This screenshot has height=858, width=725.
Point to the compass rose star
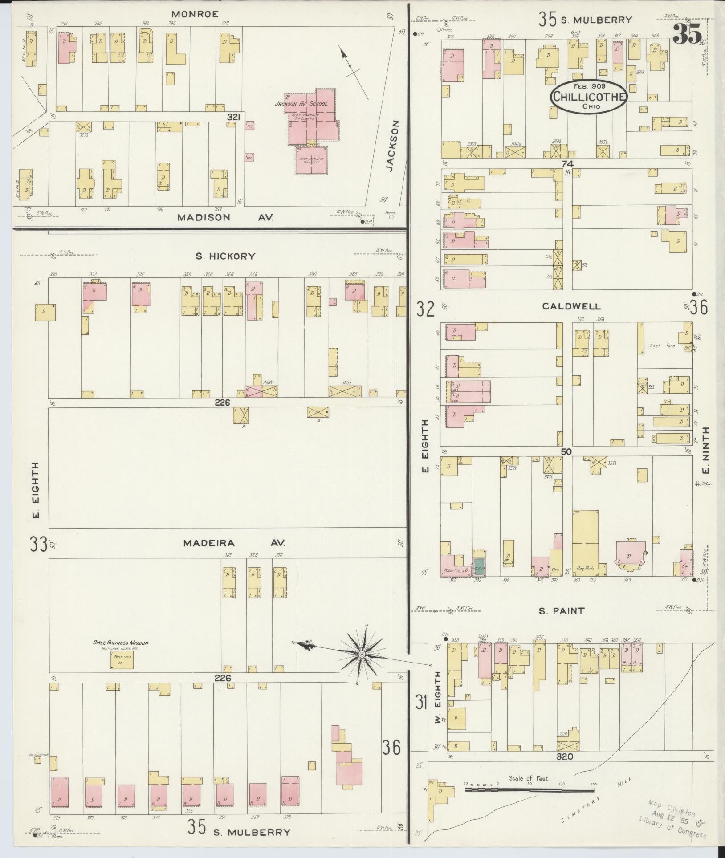[x=362, y=654]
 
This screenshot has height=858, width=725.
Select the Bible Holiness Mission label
[x=121, y=643]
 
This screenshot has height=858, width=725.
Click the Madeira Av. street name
[x=234, y=543]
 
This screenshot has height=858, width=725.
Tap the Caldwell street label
[x=571, y=306]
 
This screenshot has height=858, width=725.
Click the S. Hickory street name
[x=226, y=256]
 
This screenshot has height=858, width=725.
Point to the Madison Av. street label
[x=225, y=217]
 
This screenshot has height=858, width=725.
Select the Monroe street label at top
[x=195, y=14]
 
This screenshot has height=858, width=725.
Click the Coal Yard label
[x=662, y=346]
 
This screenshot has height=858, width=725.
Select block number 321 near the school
[x=233, y=117]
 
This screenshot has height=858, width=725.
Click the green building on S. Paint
[x=479, y=565]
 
